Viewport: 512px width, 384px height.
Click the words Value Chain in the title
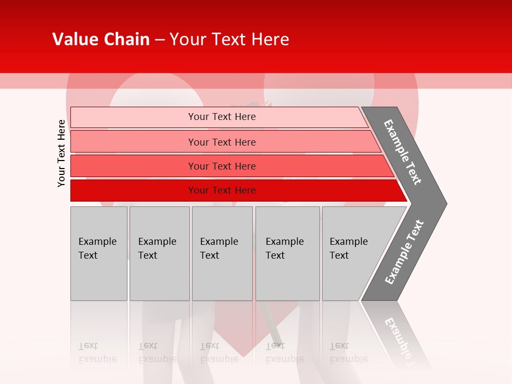click(x=101, y=39)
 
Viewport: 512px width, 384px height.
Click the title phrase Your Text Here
click(x=229, y=39)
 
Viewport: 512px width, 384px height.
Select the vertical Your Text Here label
click(x=61, y=153)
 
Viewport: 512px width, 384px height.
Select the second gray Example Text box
click(x=159, y=253)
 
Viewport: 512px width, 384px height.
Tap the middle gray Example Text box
click(x=222, y=253)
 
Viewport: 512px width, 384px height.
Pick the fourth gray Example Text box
click(x=287, y=253)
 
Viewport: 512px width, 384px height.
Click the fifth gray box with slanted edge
click(x=355, y=253)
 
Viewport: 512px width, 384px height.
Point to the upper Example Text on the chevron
click(x=403, y=152)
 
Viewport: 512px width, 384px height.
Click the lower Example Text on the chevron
click(x=404, y=252)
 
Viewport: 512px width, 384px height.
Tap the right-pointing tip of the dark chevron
click(x=444, y=203)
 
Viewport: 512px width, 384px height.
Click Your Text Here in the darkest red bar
click(x=222, y=190)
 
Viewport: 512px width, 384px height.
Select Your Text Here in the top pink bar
click(x=222, y=117)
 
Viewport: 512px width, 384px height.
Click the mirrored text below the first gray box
click(x=97, y=353)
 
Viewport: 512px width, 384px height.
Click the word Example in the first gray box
click(x=97, y=242)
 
